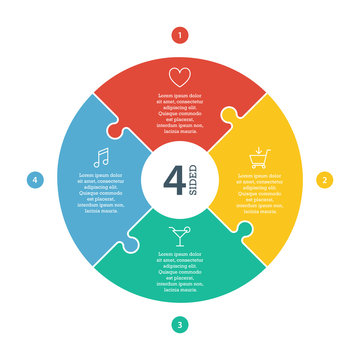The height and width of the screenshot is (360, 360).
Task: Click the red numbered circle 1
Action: [x=179, y=35]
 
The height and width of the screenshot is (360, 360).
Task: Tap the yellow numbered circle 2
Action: [x=324, y=180]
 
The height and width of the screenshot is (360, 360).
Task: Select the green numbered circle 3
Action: [x=179, y=324]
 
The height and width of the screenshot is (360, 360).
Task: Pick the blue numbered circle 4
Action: [x=35, y=180]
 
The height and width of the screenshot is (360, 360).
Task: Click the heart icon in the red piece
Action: [x=179, y=76]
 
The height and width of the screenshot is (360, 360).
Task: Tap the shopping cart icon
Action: [x=258, y=159]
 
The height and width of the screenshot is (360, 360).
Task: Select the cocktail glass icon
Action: [x=179, y=236]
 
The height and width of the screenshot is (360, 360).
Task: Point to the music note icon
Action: [x=100, y=157]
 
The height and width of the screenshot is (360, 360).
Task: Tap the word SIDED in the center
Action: [x=195, y=180]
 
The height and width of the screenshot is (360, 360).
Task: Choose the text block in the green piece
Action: [x=179, y=267]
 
